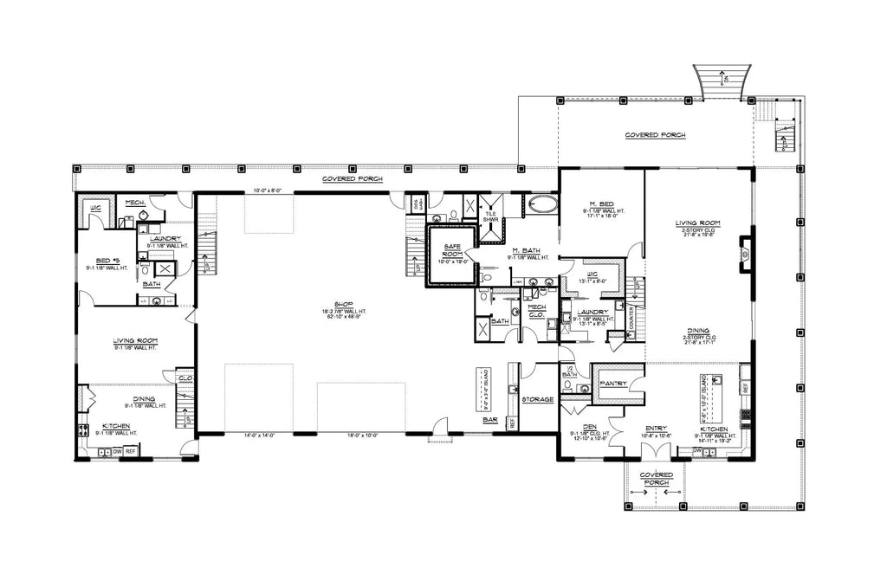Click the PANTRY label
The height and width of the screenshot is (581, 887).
pyautogui.click(x=613, y=383)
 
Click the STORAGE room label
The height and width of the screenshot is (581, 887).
pyautogui.click(x=539, y=399)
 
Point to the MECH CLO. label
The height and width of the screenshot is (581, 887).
pyautogui.click(x=535, y=312)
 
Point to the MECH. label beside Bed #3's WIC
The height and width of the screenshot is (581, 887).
pyautogui.click(x=134, y=203)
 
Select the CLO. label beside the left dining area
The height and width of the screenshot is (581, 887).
pyautogui.click(x=185, y=378)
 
